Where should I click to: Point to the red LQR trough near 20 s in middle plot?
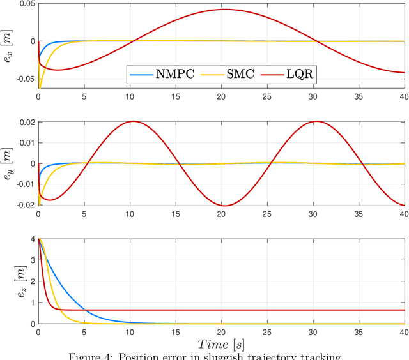pos(222,206)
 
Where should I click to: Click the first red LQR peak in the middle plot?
pos(130,121)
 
